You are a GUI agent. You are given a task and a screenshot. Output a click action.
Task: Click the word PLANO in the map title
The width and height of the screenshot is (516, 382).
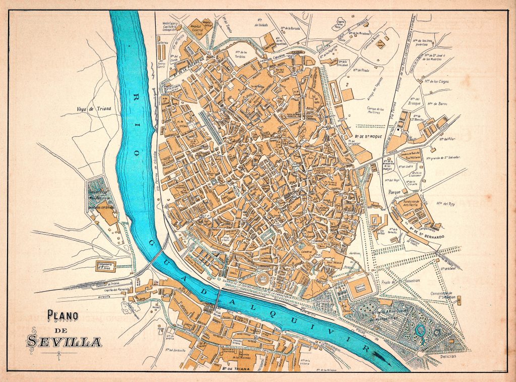click(63, 316)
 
